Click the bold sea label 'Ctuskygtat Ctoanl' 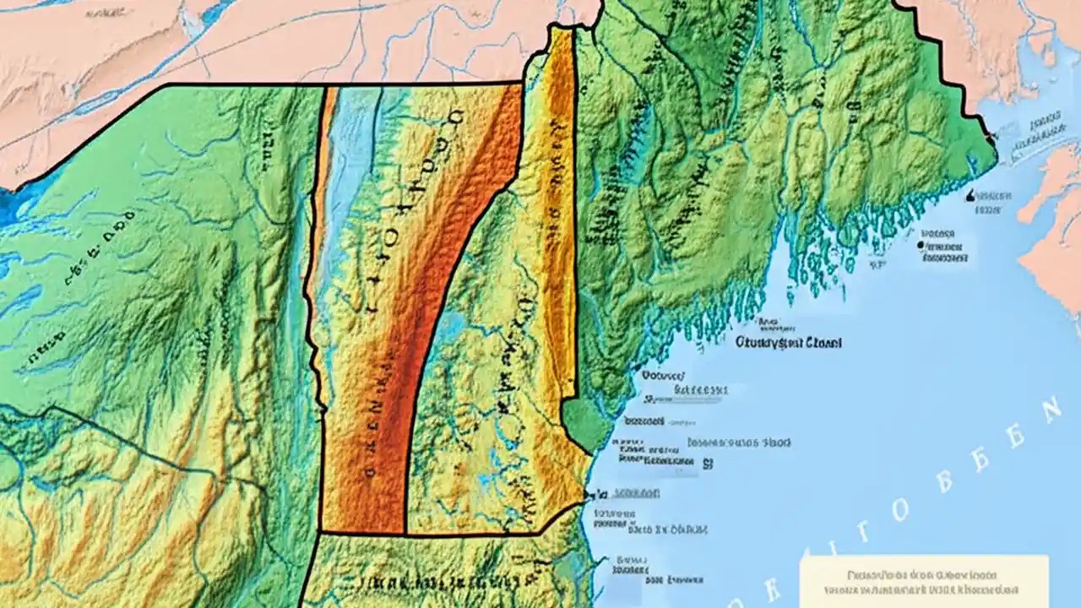(788, 344)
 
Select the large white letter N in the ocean (1050, 413)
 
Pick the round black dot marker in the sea (918, 246)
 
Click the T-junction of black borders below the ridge (406, 534)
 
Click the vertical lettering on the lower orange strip (369, 439)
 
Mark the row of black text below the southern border (439, 583)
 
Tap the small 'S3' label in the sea (707, 464)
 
